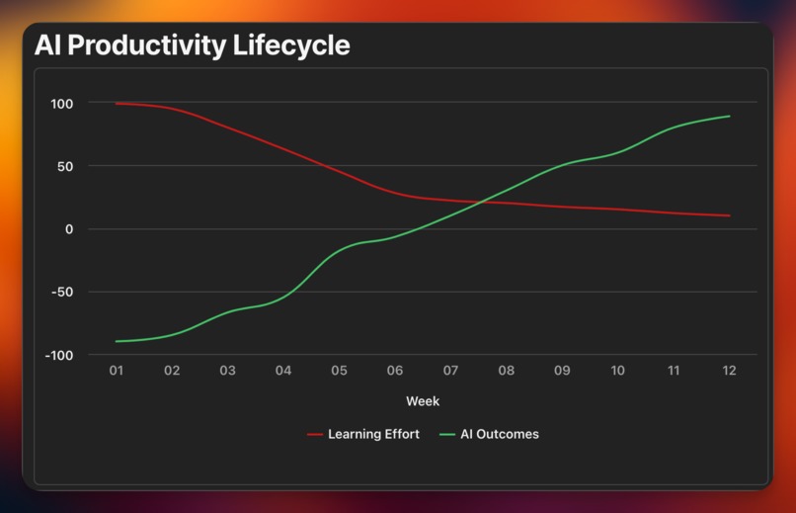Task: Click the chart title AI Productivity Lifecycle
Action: (x=192, y=45)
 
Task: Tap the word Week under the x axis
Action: (x=423, y=401)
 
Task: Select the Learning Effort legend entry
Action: (x=373, y=434)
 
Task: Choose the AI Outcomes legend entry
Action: (x=500, y=434)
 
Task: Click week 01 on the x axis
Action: (x=117, y=371)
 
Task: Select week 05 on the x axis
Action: (x=339, y=371)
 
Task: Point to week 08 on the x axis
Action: (x=507, y=371)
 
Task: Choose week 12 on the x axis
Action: (x=729, y=371)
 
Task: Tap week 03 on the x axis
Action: (x=227, y=371)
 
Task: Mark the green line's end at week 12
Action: (x=730, y=116)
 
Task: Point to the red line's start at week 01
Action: (x=117, y=103)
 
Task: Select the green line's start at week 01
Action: (x=117, y=341)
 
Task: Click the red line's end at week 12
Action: (x=730, y=215)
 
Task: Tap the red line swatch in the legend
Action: (x=316, y=434)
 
